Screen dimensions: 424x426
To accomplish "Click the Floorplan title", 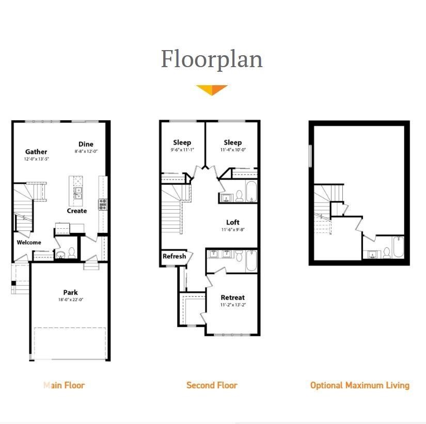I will (x=212, y=59).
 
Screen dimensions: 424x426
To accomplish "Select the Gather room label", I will (x=36, y=152).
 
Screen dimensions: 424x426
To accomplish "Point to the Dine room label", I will (x=86, y=144).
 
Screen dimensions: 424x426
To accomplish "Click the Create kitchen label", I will (x=77, y=211).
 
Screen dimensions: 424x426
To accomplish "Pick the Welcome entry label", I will (x=29, y=242).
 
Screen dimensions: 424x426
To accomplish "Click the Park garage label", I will (x=71, y=292).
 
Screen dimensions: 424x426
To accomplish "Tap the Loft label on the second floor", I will (x=233, y=223).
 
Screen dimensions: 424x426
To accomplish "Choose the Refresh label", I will (x=174, y=256).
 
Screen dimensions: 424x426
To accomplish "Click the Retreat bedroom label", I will (x=232, y=297).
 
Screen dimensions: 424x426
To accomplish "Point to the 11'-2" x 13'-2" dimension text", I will (x=232, y=305).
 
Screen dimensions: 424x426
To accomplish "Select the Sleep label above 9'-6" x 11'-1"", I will (x=182, y=143).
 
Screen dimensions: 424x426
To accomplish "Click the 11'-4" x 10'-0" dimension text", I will (x=233, y=150).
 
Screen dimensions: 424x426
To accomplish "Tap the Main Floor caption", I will (x=64, y=385).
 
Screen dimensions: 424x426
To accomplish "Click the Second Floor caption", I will (x=212, y=385).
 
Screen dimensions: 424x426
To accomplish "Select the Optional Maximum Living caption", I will (x=360, y=385).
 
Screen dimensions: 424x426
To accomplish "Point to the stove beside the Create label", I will (x=103, y=203).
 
